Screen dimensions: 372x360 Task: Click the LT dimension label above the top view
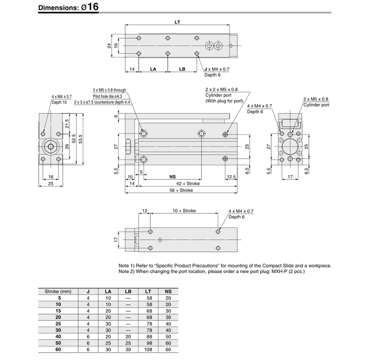tap(177, 22)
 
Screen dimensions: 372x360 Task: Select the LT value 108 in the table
tap(148, 349)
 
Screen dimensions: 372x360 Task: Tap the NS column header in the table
tap(168, 291)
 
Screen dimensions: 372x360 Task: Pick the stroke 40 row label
tap(58, 336)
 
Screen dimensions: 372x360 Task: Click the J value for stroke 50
tap(88, 343)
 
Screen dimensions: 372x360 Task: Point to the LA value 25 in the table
tap(108, 343)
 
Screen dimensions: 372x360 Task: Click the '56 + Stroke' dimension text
tap(181, 190)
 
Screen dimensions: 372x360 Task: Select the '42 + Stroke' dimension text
tap(188, 183)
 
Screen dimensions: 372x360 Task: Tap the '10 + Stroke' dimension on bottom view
tap(184, 211)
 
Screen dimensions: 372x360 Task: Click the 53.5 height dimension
tap(81, 139)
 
